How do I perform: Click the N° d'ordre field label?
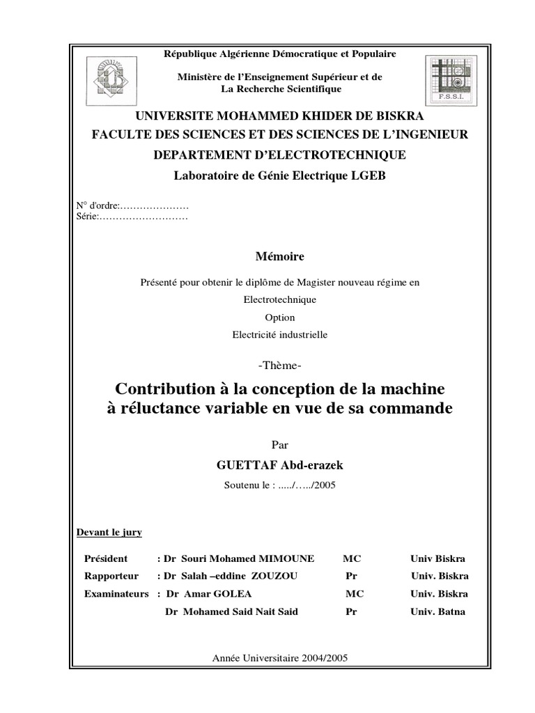coord(98,206)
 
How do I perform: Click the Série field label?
coord(87,217)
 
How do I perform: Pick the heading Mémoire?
coord(279,256)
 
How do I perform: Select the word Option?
coord(279,317)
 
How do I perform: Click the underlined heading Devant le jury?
coord(109,533)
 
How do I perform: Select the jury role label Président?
coord(106,558)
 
